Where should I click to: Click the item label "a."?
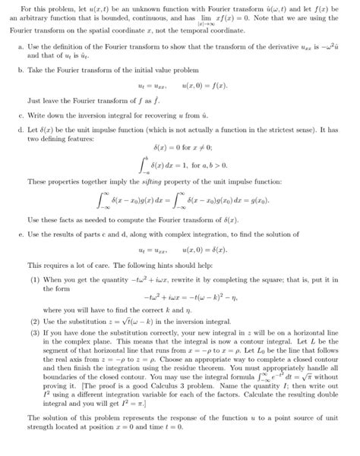pyautogui.click(x=19, y=47)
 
